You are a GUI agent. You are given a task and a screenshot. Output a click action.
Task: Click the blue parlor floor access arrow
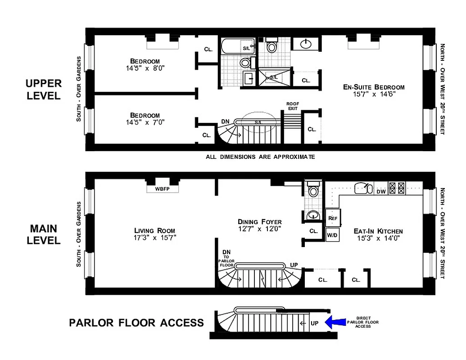tap(335, 322)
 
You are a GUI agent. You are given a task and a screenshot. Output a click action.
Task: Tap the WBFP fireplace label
tap(163, 189)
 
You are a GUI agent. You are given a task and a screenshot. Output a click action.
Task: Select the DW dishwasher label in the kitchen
tap(380, 191)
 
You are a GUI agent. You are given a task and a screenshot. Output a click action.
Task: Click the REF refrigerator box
tap(333, 218)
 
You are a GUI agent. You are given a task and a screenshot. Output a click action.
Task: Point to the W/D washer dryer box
tap(332, 235)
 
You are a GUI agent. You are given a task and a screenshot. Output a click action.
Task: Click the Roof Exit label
tap(293, 106)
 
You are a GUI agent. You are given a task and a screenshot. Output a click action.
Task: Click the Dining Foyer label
tap(260, 221)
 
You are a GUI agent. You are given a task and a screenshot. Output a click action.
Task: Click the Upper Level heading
tap(43, 90)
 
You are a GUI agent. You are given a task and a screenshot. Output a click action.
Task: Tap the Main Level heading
tap(43, 234)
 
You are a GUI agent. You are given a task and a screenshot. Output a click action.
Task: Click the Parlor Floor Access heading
tap(136, 323)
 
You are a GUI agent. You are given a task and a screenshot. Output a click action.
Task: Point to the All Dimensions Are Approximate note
tap(260, 157)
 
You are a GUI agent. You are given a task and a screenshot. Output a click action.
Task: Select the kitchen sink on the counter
tap(362, 188)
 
